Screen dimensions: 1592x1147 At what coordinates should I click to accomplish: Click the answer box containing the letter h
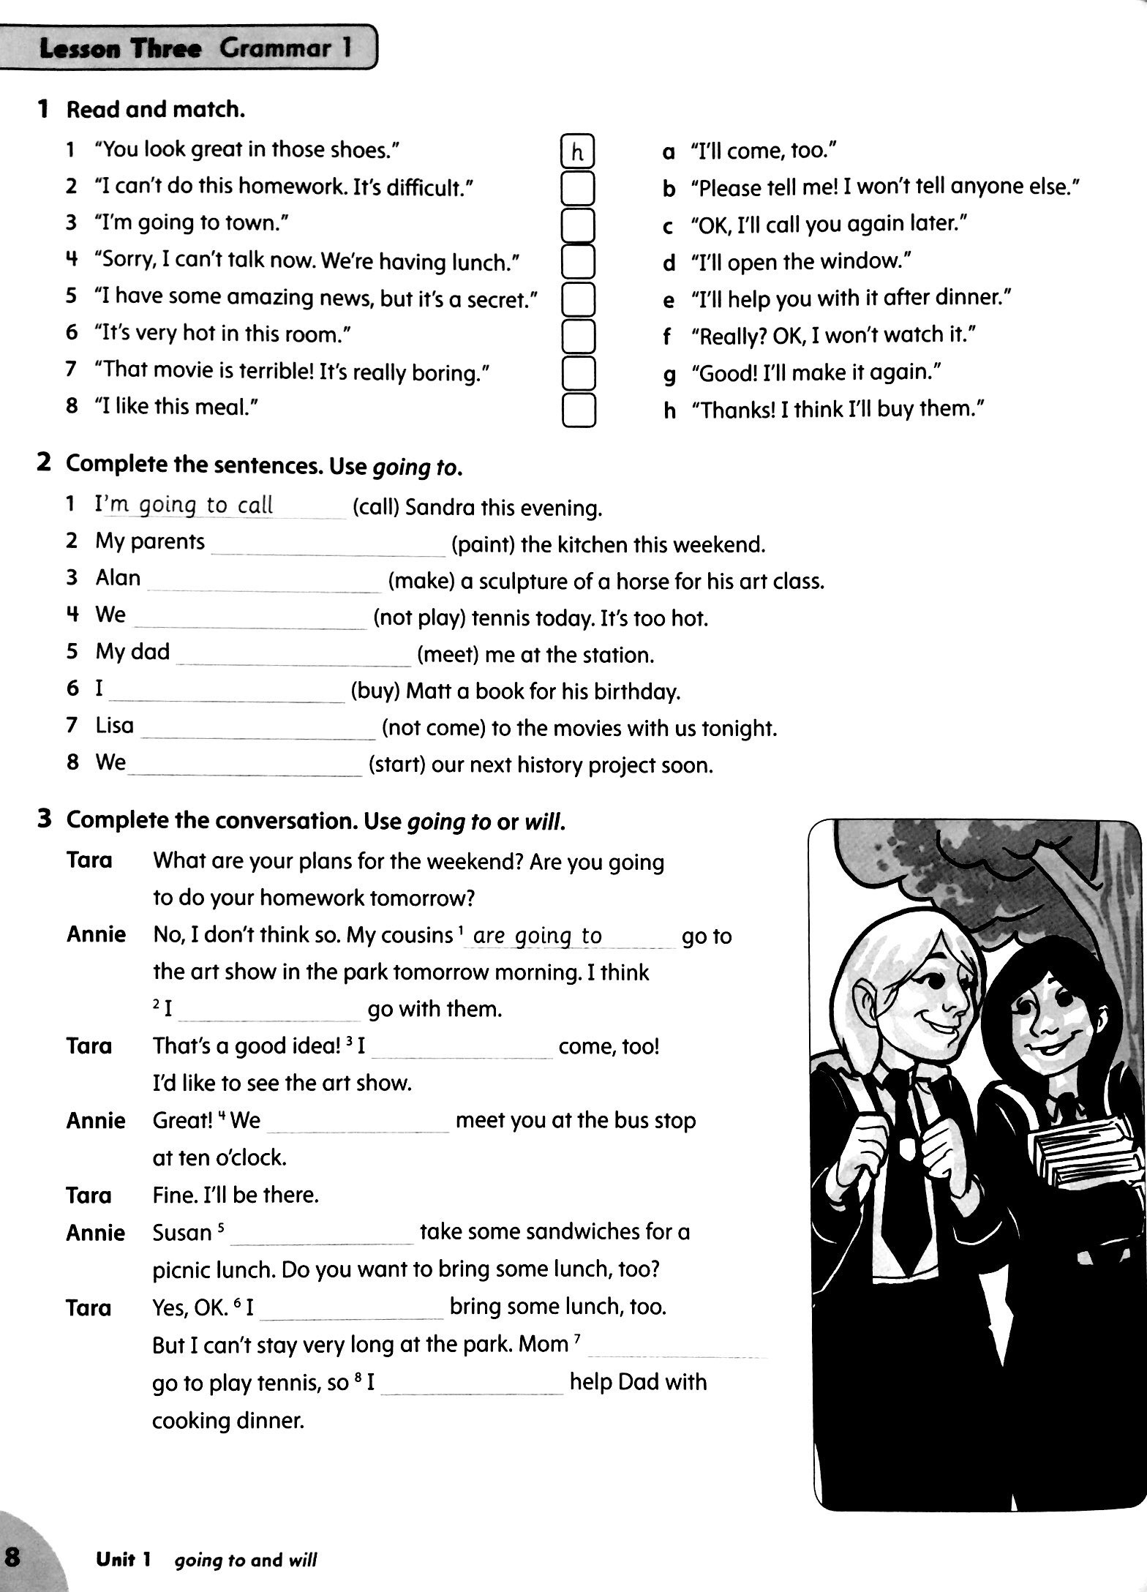coord(577,151)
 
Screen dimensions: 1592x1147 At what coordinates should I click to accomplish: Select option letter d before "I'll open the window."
coord(668,263)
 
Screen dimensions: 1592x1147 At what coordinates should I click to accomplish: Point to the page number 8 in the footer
coord(13,1555)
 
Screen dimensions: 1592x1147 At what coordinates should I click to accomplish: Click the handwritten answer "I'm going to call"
coord(184,506)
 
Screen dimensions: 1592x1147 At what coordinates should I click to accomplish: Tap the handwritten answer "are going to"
coord(538,936)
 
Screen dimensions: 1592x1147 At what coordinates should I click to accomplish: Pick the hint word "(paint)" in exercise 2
coord(483,545)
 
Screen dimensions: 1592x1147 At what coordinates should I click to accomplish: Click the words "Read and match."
coord(155,110)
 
